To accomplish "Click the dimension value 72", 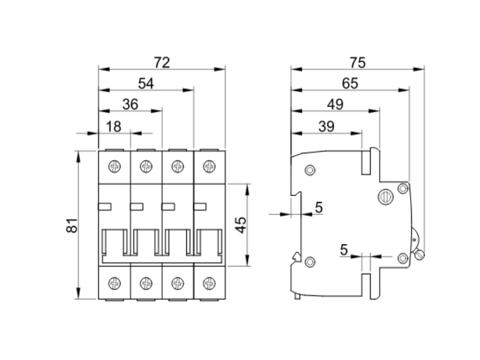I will [x=162, y=62].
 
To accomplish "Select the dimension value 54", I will [x=146, y=83].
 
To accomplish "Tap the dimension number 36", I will [x=130, y=104].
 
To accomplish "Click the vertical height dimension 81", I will [x=72, y=225].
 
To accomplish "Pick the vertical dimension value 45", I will [x=240, y=225].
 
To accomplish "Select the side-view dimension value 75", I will [x=357, y=62].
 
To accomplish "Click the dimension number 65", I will [x=350, y=83].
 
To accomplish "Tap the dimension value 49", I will [x=335, y=104].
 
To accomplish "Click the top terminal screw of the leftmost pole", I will [x=115, y=167].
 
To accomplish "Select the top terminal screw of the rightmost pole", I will [x=209, y=167].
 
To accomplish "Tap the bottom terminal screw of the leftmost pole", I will [x=115, y=284].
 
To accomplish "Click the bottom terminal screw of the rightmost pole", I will [x=209, y=284].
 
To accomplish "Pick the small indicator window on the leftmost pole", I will [x=105, y=206].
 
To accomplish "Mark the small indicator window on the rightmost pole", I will [x=200, y=206].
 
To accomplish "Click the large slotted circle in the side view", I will [x=385, y=196].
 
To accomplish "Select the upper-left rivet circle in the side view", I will [x=310, y=171].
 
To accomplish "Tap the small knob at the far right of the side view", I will [x=419, y=254].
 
